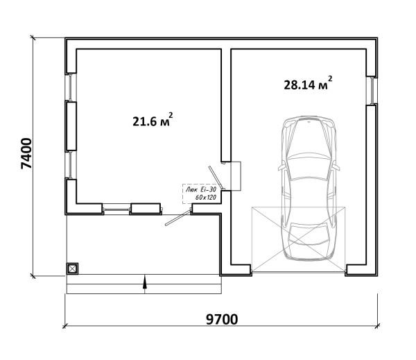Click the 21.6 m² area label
(153, 120)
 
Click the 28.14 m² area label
(308, 83)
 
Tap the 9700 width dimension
(222, 319)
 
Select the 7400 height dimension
(26, 153)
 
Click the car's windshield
(308, 168)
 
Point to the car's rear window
(309, 233)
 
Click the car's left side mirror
(281, 166)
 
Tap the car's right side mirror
(336, 166)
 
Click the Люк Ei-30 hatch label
(201, 189)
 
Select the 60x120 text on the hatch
(206, 197)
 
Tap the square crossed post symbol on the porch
(72, 268)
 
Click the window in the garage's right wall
(372, 90)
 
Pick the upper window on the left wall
(71, 87)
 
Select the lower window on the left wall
(71, 165)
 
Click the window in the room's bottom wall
(116, 209)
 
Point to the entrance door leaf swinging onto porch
(178, 218)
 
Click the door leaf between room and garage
(216, 178)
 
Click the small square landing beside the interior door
(235, 175)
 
